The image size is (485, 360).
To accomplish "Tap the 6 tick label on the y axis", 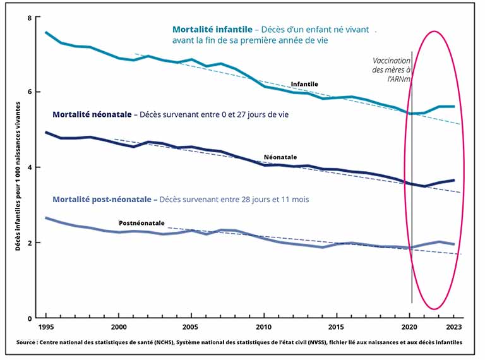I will (29, 92).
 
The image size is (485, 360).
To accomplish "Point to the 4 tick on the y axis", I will (29, 167).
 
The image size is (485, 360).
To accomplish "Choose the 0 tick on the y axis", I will (29, 318).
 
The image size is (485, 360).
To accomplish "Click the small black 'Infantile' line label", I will (304, 84).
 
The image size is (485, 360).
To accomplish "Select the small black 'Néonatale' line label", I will (280, 157).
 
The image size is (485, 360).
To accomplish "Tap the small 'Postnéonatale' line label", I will (142, 223).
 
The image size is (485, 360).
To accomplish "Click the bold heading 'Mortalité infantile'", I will (212, 29).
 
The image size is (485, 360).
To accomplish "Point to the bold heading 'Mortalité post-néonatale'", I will (105, 200).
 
